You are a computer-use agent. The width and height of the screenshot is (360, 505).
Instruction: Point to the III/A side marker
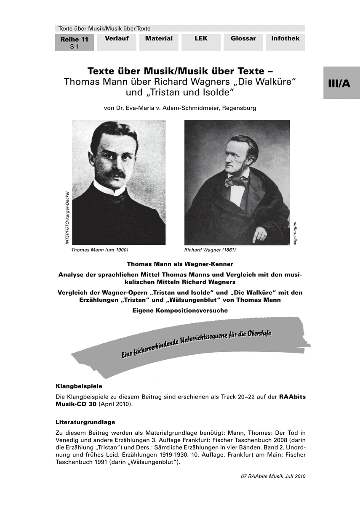[341, 83]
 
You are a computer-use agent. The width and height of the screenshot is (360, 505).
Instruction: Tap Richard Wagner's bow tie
[236, 181]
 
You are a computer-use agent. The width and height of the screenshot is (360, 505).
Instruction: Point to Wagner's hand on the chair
[259, 234]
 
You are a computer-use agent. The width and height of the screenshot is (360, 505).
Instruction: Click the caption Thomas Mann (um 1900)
[100, 250]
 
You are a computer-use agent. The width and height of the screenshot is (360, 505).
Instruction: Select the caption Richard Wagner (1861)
[210, 250]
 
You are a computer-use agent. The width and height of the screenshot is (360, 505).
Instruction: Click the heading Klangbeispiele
[79, 385]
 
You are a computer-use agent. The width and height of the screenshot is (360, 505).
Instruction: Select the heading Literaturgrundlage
[85, 422]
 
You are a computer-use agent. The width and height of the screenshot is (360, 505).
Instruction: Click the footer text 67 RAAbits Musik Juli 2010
[273, 476]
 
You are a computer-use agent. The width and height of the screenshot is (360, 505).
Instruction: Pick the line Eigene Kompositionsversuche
[180, 310]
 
